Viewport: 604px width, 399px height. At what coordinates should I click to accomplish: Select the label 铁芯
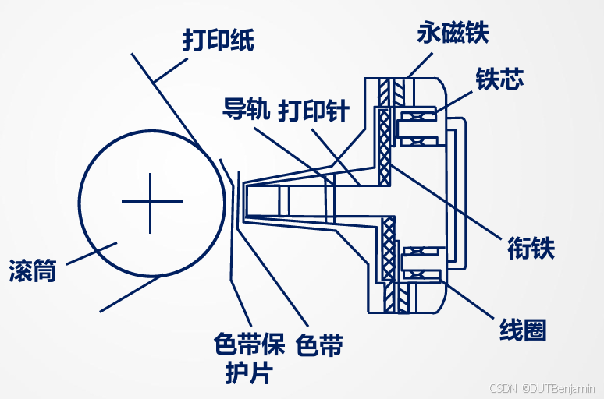pyautogui.click(x=499, y=79)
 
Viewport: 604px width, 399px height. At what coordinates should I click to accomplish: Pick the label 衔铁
pyautogui.click(x=531, y=249)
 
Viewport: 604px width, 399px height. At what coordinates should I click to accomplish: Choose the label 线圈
pyautogui.click(x=523, y=330)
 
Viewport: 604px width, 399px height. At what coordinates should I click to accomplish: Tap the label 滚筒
pyautogui.click(x=32, y=270)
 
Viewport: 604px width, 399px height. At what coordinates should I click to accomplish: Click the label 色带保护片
pyautogui.click(x=249, y=358)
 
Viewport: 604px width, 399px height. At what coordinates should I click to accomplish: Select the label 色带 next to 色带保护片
pyautogui.click(x=320, y=345)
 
